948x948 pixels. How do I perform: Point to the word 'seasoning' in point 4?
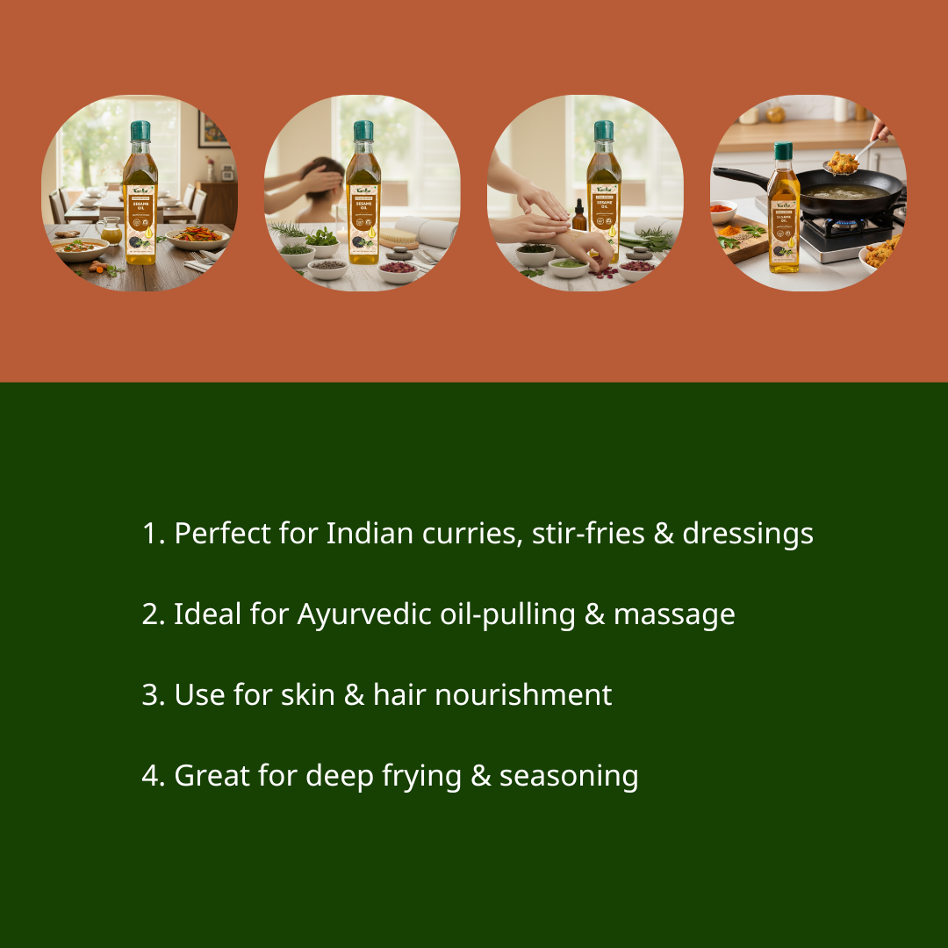click(569, 776)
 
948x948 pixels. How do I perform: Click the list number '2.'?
click(154, 614)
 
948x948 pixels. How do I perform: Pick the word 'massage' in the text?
click(674, 614)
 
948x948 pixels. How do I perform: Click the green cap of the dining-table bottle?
click(140, 132)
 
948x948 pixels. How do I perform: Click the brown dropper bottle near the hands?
click(579, 216)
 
